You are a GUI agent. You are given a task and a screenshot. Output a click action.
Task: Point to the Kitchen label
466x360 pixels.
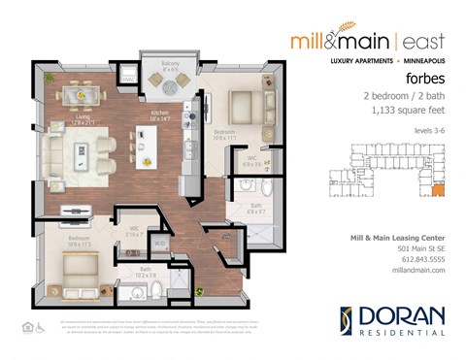pyautogui.click(x=158, y=115)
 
